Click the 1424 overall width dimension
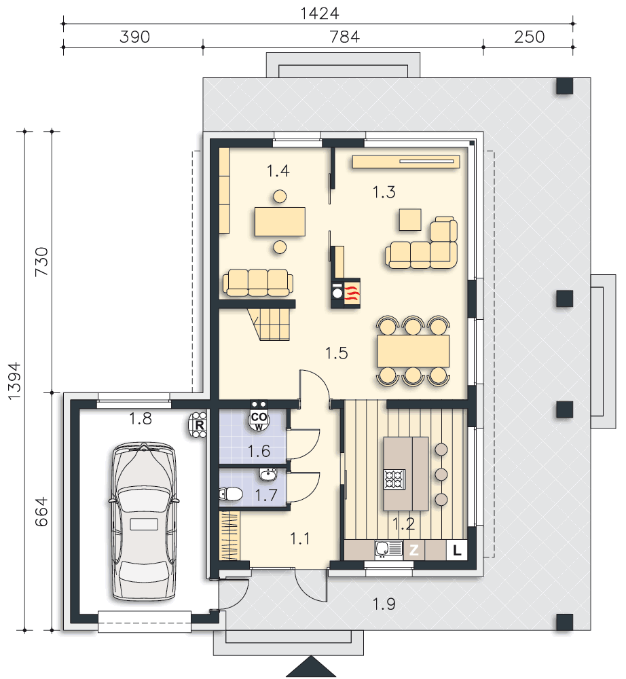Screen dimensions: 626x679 [x=320, y=14]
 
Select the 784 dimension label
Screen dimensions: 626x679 [x=345, y=37]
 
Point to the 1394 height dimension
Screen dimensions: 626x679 [x=14, y=381]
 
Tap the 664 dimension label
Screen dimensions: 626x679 [x=41, y=511]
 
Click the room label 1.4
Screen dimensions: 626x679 [x=278, y=171]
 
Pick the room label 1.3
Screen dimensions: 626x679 [x=384, y=192]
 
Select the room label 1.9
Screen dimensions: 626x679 [x=384, y=604]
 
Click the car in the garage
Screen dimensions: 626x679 [x=144, y=521]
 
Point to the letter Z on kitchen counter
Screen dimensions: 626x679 [x=414, y=550]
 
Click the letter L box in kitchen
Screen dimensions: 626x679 [x=457, y=551]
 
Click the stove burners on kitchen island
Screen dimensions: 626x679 [x=394, y=479]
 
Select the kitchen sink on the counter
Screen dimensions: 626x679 [x=389, y=549]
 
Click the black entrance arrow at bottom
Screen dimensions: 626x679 [x=311, y=667]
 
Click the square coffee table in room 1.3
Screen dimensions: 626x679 [x=410, y=219]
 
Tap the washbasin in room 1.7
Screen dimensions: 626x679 [x=268, y=475]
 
